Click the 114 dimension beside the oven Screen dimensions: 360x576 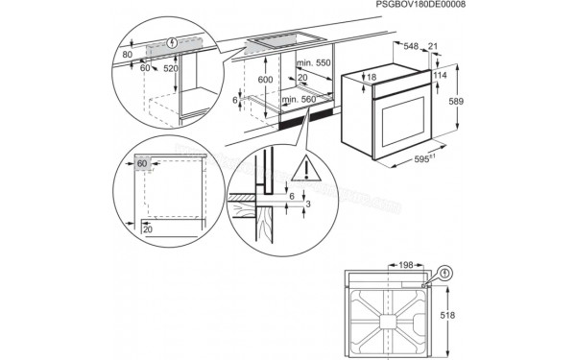(442, 75)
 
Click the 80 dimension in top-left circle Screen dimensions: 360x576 (128, 55)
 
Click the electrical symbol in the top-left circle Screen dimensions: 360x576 (172, 43)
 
